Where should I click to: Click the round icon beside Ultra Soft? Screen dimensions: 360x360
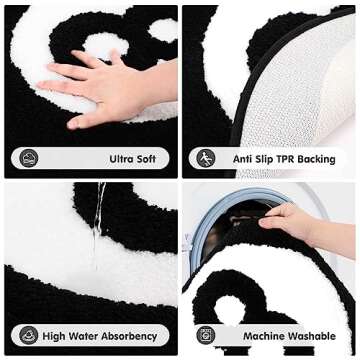(x=29, y=159)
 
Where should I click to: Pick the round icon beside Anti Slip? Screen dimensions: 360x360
(x=206, y=159)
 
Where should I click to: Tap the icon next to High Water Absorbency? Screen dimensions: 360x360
(x=29, y=336)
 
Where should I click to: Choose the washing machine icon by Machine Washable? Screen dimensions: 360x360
(x=206, y=336)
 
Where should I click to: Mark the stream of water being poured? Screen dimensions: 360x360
(x=98, y=225)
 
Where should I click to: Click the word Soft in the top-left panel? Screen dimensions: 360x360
(x=146, y=159)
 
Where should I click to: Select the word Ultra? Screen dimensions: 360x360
(x=119, y=159)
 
